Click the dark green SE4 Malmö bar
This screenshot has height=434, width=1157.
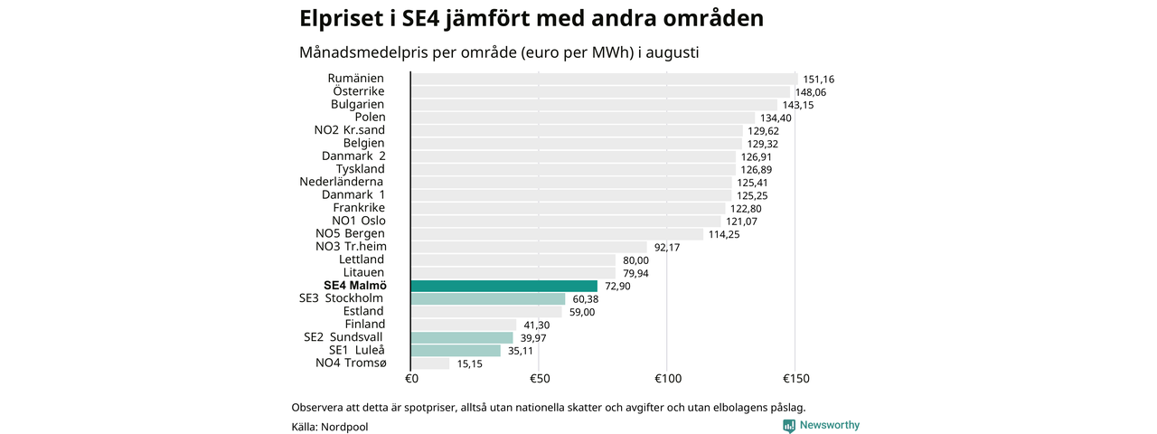pyautogui.click(x=504, y=286)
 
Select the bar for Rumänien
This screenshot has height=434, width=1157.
pyautogui.click(x=605, y=79)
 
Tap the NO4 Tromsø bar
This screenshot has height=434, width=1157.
pyautogui.click(x=430, y=363)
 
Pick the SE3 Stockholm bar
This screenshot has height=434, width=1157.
pyautogui.click(x=488, y=298)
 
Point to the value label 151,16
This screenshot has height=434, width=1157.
pyautogui.click(x=819, y=80)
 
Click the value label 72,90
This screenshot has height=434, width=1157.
pyautogui.click(x=617, y=287)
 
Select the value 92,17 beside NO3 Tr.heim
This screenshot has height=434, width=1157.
pyautogui.click(x=667, y=248)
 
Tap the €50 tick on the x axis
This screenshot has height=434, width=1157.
pyautogui.click(x=540, y=379)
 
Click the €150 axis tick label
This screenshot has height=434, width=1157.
pyautogui.click(x=796, y=379)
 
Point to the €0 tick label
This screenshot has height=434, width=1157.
pyautogui.click(x=411, y=379)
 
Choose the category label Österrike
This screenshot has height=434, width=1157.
pyautogui.click(x=359, y=91)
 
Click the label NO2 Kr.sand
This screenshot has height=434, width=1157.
pyautogui.click(x=349, y=130)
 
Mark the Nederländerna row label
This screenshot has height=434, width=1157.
pyautogui.click(x=341, y=182)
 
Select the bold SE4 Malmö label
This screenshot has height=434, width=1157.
pyautogui.click(x=355, y=286)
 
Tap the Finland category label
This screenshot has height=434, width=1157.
pyautogui.click(x=364, y=324)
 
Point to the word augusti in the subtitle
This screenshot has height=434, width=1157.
pyautogui.click(x=672, y=52)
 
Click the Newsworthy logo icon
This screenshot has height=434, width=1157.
pyautogui.click(x=789, y=426)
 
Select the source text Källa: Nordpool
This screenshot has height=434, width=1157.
pyautogui.click(x=330, y=428)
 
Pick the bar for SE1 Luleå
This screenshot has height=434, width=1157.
pyautogui.click(x=456, y=350)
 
